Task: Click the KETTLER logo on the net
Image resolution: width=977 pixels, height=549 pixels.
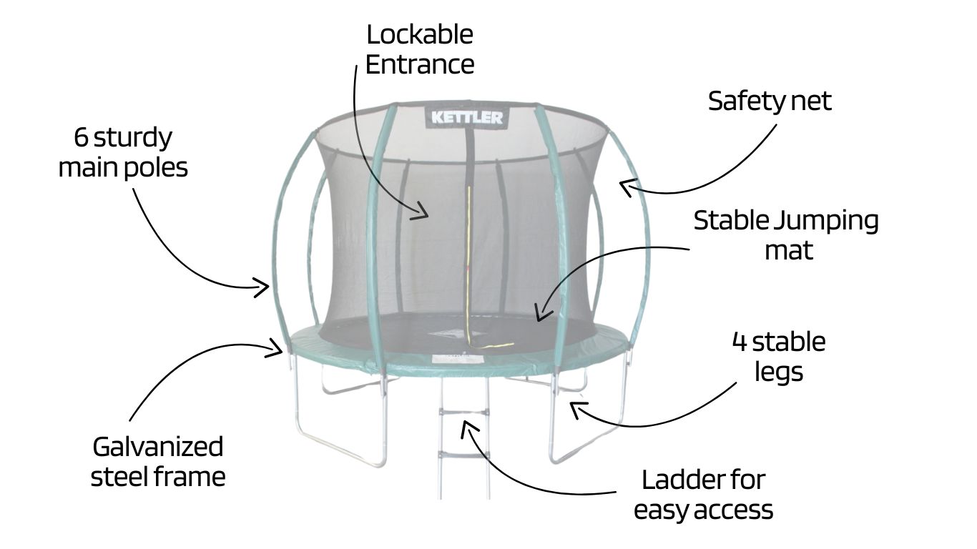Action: pos(467,117)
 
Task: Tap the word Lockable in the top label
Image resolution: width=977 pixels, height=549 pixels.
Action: pos(420,34)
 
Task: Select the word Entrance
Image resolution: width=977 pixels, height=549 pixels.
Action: pos(420,64)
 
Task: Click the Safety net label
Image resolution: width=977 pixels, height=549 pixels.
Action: pos(770,101)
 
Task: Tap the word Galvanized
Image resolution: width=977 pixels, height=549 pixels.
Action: pos(157,447)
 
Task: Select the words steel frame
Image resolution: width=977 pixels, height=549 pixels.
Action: pos(157,477)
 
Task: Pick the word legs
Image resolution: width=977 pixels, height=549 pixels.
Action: pos(779,372)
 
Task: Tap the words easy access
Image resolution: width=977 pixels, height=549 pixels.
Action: pos(703,510)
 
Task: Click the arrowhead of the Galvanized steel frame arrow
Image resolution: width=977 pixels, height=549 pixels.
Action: pos(280,350)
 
